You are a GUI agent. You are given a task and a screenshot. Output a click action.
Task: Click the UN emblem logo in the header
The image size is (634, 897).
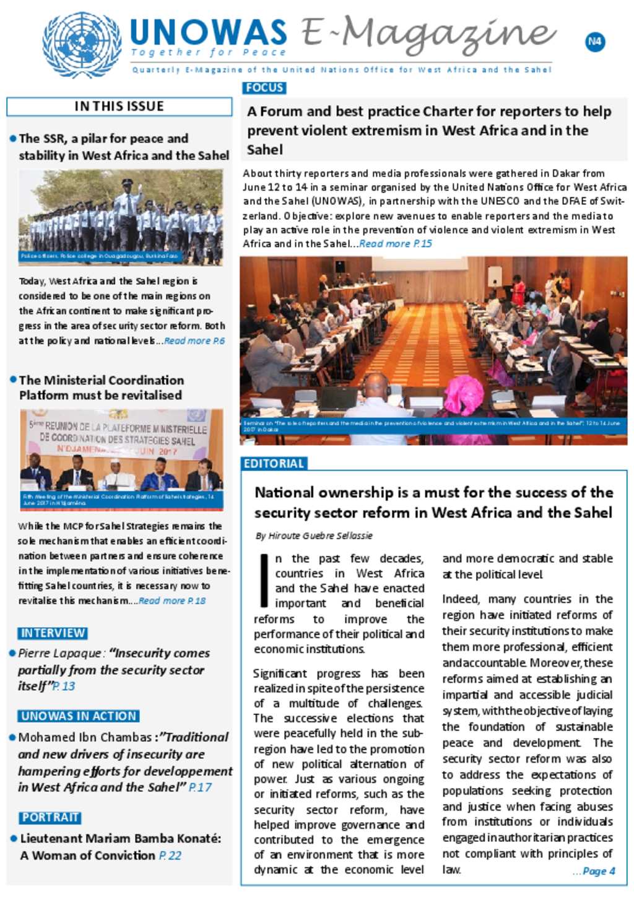pyautogui.click(x=82, y=45)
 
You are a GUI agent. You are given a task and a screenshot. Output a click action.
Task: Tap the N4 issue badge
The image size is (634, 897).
pyautogui.click(x=594, y=42)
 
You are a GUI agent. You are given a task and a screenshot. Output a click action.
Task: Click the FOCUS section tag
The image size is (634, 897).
pyautogui.click(x=264, y=88)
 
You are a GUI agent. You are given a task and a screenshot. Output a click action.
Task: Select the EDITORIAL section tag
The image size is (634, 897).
pyautogui.click(x=274, y=464)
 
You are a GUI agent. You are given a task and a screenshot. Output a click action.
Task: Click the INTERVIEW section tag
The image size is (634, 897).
pyautogui.click(x=53, y=633)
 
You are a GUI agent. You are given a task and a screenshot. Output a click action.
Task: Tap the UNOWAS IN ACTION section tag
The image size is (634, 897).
pyautogui.click(x=79, y=716)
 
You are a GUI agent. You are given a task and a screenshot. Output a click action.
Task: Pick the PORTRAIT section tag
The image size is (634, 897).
pyautogui.click(x=50, y=818)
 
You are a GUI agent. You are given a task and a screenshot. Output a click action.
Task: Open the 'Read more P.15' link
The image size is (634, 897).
pyautogui.click(x=396, y=244)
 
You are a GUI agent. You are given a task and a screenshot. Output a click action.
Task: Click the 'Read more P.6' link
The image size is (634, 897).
pyautogui.click(x=194, y=341)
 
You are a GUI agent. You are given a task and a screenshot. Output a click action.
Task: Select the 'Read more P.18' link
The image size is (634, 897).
pyautogui.click(x=172, y=601)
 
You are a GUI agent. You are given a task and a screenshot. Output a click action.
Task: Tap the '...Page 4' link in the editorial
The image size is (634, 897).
pyautogui.click(x=594, y=871)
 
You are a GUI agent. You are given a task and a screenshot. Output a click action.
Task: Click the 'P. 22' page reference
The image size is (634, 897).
pyautogui.click(x=170, y=856)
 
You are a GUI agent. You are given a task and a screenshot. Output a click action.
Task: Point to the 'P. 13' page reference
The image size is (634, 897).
pyautogui.click(x=64, y=687)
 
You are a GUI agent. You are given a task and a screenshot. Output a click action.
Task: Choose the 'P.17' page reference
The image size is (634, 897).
pyautogui.click(x=200, y=787)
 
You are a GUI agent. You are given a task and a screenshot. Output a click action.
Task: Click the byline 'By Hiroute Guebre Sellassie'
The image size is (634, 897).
pyautogui.click(x=314, y=535)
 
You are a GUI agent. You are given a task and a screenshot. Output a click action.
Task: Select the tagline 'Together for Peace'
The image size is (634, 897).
pyautogui.click(x=209, y=53)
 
